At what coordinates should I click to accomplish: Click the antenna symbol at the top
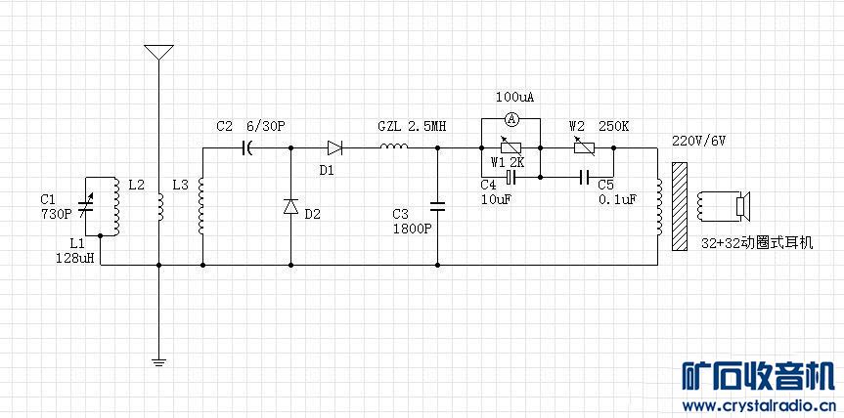[158, 52]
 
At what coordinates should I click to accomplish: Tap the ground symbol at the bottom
[158, 362]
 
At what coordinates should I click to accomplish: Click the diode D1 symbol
[334, 147]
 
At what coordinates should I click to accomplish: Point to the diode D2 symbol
[290, 207]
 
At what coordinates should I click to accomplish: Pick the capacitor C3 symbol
[437, 206]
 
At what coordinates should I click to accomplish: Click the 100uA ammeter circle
[510, 118]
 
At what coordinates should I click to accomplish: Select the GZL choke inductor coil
[395, 147]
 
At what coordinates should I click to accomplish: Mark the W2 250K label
[599, 126]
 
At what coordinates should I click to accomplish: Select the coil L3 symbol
[201, 207]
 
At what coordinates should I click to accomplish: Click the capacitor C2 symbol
[248, 147]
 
